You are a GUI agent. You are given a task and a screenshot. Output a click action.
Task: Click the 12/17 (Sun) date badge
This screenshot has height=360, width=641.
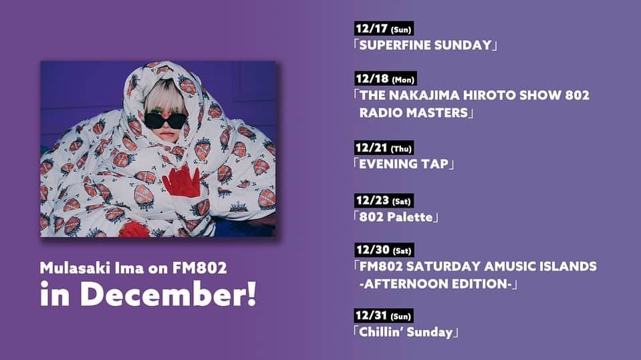(384, 29)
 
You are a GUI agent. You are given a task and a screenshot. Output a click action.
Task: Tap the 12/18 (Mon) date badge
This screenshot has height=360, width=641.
(386, 78)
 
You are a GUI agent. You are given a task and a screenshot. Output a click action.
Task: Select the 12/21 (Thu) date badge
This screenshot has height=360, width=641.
(384, 148)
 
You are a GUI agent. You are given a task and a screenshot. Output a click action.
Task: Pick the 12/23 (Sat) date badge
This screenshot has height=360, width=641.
(384, 200)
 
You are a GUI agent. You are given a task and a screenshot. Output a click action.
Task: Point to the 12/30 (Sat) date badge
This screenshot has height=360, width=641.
(384, 250)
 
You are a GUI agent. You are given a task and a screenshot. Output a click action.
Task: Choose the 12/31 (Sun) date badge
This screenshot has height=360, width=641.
(384, 316)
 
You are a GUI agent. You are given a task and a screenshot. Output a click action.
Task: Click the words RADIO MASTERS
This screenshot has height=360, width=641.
(413, 113)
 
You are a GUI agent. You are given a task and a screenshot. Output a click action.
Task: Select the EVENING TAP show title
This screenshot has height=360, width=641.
(404, 164)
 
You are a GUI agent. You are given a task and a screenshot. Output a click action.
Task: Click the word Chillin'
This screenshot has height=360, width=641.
(381, 332)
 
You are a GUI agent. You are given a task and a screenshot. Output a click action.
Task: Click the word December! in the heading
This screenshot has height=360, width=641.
(168, 294)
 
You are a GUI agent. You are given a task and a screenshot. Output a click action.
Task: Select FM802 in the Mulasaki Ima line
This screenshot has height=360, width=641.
(199, 268)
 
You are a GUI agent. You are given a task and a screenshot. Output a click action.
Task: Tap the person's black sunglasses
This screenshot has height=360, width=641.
(166, 121)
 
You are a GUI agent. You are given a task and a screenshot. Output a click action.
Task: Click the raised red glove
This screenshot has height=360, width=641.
(182, 182)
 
